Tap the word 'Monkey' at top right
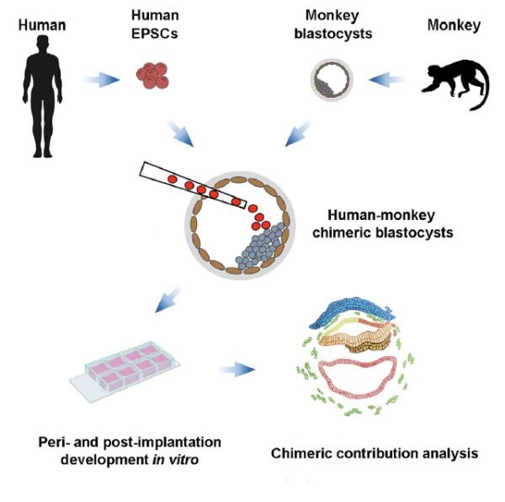pos(453,26)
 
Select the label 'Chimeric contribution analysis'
pos(375,453)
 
